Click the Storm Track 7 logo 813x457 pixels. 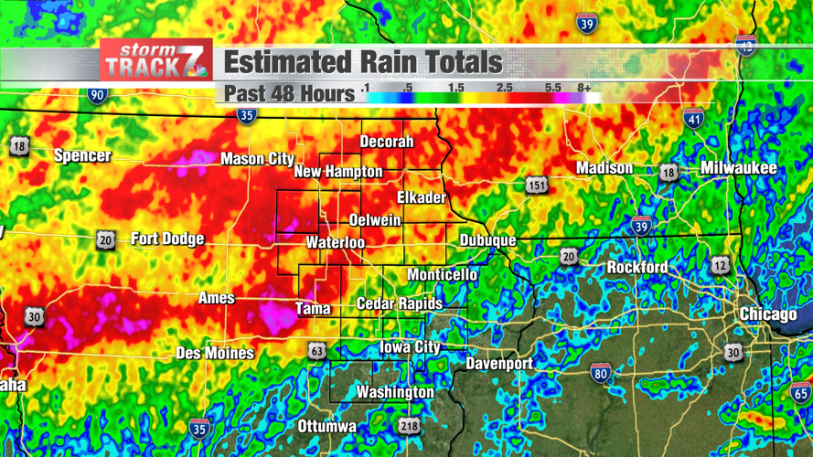(x=156, y=60)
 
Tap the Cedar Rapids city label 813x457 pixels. (x=400, y=303)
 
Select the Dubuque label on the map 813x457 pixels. (x=487, y=240)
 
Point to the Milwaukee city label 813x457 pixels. (x=738, y=168)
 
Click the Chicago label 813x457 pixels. (x=768, y=314)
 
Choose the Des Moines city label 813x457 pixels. (x=215, y=353)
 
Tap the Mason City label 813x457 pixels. (x=257, y=159)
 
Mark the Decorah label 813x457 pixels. (x=387, y=142)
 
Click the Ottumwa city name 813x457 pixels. (x=327, y=427)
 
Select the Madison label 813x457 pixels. (x=604, y=168)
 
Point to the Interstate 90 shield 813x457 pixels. (x=97, y=95)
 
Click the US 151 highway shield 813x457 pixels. (x=537, y=186)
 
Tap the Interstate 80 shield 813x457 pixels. (x=600, y=373)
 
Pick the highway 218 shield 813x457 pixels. (x=409, y=426)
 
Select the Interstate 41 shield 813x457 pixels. (x=693, y=118)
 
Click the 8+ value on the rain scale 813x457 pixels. (x=584, y=88)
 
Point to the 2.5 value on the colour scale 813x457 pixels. (x=504, y=88)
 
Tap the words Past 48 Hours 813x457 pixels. (x=289, y=93)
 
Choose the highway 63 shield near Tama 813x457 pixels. (x=316, y=351)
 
